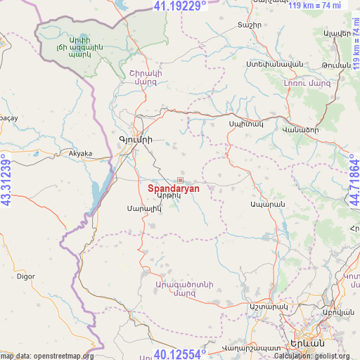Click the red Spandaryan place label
[174, 188]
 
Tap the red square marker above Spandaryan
[180, 180]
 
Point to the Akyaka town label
[80, 153]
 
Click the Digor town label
[26, 276]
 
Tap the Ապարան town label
[266, 205]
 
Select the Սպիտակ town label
[245, 124]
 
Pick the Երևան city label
[307, 344]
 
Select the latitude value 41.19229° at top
[180, 6]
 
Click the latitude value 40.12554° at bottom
[180, 354]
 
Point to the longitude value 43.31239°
[6, 180]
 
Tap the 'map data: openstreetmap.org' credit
[47, 356]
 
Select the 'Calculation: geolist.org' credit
[316, 356]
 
